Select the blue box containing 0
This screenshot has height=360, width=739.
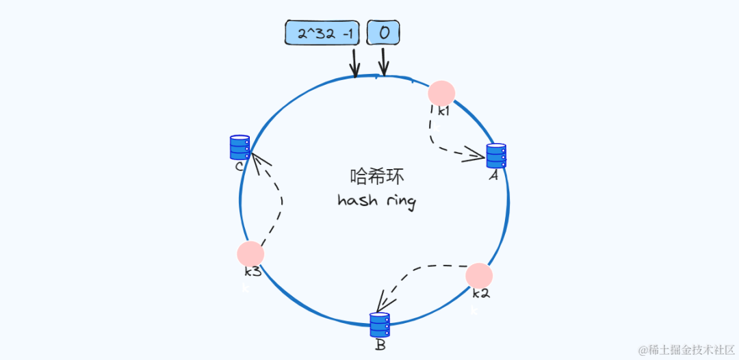point(383,33)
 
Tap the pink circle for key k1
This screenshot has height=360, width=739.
point(441,94)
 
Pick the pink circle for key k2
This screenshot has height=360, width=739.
point(479,276)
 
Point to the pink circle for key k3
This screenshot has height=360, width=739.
point(250,254)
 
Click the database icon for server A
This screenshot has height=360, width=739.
point(496,155)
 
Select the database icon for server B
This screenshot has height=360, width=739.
point(380,324)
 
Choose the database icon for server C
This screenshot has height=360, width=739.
point(239,147)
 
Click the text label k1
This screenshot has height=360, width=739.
point(444,110)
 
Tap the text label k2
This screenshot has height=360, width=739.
point(481,294)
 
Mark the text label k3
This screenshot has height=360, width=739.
point(252,272)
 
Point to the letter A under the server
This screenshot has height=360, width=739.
point(493,175)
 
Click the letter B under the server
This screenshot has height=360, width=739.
point(380,345)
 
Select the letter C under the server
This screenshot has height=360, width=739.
point(239,166)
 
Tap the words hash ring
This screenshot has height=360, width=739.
point(377,201)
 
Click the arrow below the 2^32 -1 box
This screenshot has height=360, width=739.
point(354,63)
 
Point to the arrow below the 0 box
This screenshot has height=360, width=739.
point(383,63)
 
